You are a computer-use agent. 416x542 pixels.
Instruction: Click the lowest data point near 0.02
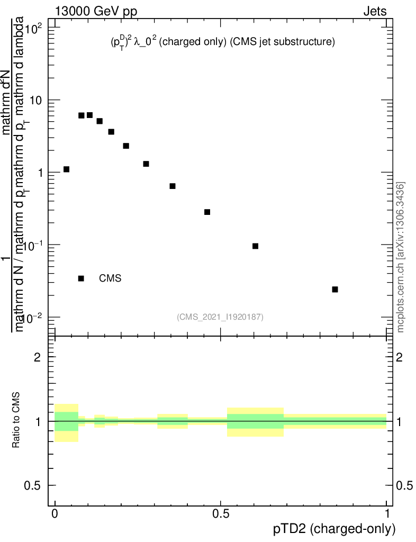tap(335, 290)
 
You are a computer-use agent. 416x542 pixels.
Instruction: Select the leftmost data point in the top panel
tap(66, 169)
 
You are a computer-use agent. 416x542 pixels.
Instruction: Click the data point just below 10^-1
tap(255, 246)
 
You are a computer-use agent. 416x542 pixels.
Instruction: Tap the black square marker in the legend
tap(81, 278)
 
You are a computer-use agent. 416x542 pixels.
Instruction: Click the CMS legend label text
tap(110, 278)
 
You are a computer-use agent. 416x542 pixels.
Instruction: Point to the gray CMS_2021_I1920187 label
tap(220, 317)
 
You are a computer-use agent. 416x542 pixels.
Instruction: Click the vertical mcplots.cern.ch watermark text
tap(401, 257)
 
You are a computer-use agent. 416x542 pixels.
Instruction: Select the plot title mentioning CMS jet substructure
tap(219, 43)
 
